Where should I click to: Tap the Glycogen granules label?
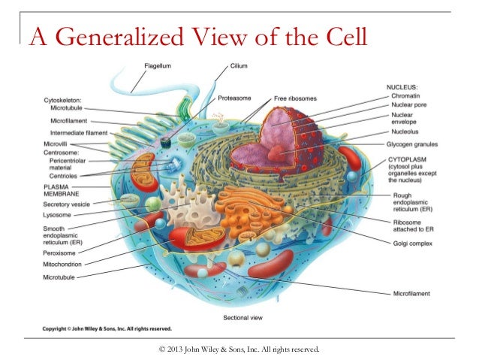[417, 144]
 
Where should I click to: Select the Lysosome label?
[59, 214]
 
